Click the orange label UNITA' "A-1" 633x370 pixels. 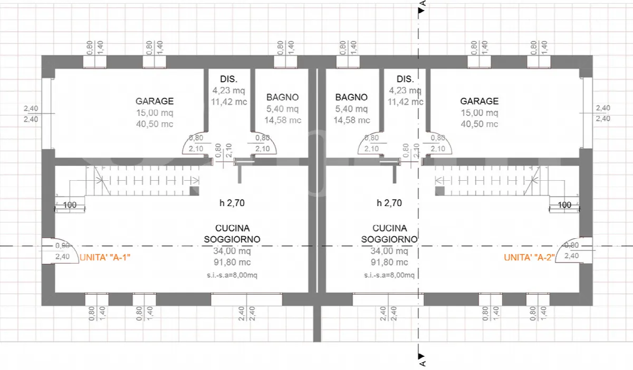tap(105, 257)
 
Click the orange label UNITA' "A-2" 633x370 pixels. tap(529, 257)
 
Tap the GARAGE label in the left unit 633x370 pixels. tap(155, 101)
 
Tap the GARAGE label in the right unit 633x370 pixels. tap(479, 101)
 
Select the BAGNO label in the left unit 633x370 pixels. tap(283, 97)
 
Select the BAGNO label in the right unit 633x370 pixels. tap(351, 97)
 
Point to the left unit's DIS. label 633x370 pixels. tap(229, 79)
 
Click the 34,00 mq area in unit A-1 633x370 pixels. tap(232, 251)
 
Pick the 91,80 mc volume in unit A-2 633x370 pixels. tap(389, 262)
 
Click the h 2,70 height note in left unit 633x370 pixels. tap(232, 203)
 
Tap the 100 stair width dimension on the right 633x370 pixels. tap(564, 205)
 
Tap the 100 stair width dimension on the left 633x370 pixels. tap(70, 205)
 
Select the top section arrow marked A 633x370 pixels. tap(421, 11)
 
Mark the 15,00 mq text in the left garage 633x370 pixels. tap(155, 113)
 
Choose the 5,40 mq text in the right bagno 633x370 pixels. tap(351, 109)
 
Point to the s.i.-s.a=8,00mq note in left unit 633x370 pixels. tap(232, 275)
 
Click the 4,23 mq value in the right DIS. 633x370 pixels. tap(405, 90)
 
